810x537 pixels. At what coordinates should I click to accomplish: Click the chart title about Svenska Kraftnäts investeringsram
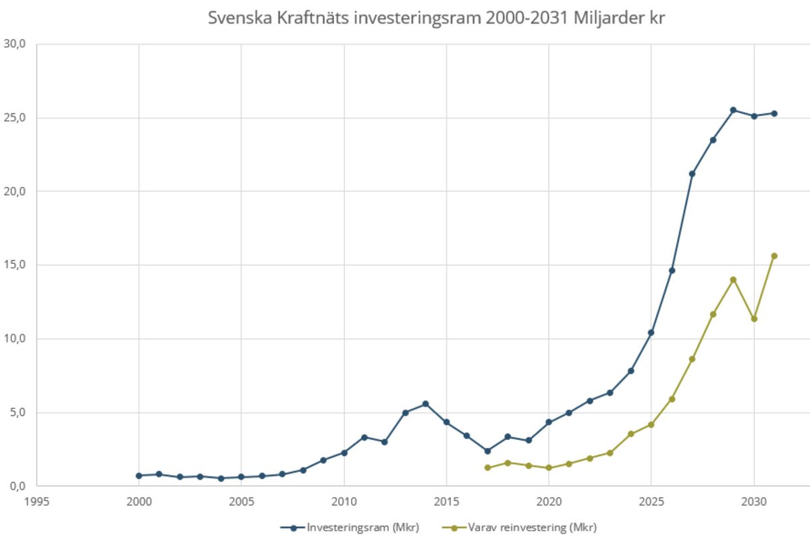click(x=436, y=18)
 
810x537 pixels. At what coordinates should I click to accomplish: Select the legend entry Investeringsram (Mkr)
click(x=355, y=527)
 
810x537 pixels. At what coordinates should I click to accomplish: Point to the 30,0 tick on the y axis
click(x=15, y=45)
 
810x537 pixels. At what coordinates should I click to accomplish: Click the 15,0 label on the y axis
click(x=15, y=265)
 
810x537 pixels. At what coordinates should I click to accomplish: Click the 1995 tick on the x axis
click(x=36, y=501)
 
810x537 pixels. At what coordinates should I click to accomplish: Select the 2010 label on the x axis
click(x=344, y=501)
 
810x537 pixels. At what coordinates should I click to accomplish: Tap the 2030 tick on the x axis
click(x=753, y=501)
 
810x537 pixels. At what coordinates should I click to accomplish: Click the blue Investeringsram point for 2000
click(x=139, y=476)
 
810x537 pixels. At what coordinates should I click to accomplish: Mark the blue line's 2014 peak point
click(x=425, y=404)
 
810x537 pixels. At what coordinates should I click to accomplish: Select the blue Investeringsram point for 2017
click(x=487, y=451)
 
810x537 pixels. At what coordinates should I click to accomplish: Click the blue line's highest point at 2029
click(x=733, y=110)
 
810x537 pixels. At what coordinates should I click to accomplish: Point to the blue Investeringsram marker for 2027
click(x=692, y=174)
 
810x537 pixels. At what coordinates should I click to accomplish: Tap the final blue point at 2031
click(x=774, y=113)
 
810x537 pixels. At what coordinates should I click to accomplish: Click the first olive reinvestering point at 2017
click(x=487, y=468)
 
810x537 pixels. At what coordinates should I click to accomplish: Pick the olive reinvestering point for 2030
click(x=754, y=318)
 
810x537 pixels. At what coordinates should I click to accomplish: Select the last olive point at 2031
click(x=774, y=256)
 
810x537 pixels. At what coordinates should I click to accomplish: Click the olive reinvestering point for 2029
click(x=733, y=279)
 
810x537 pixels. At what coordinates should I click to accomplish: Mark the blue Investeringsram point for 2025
click(x=651, y=333)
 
